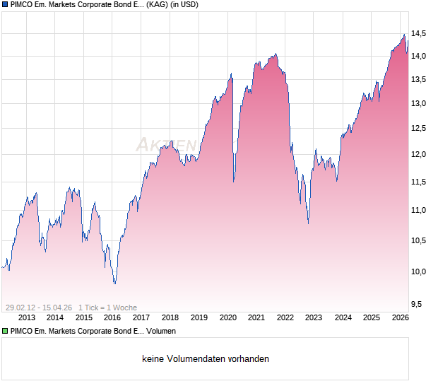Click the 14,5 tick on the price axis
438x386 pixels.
[x=419, y=33]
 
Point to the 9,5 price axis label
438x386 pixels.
[x=417, y=304]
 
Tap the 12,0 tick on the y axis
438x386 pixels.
[x=419, y=155]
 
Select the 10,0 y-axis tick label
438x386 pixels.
[x=419, y=271]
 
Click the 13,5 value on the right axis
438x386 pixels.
[x=419, y=79]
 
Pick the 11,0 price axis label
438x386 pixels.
[x=419, y=211]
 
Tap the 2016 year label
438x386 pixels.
[x=112, y=318]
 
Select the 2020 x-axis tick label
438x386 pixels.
[x=227, y=318]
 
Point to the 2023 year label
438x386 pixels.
[x=314, y=318]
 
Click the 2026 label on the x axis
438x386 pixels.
[x=400, y=318]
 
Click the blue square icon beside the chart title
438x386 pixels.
[x=4, y=5]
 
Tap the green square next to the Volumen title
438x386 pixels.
[x=4, y=331]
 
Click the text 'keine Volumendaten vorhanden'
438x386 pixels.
[x=206, y=359]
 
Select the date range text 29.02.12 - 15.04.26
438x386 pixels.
[x=38, y=308]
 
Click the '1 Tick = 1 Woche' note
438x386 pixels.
[x=107, y=308]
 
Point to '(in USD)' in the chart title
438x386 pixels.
[x=181, y=5]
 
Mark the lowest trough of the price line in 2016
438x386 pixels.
[x=114, y=283]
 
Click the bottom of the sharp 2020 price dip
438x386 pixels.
[x=234, y=180]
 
